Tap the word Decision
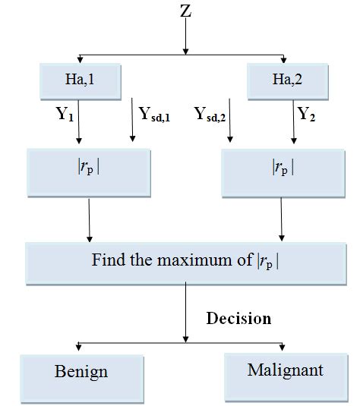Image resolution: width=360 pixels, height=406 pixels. pyautogui.click(x=238, y=318)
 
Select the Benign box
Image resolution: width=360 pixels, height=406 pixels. pyautogui.click(x=82, y=372)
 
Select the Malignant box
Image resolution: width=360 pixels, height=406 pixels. pyautogui.click(x=285, y=370)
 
